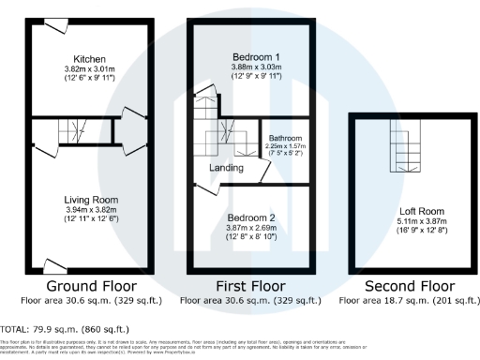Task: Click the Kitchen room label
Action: (x=90, y=59)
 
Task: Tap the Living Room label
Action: (x=89, y=200)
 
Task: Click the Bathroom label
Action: (x=286, y=138)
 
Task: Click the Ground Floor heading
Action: (x=90, y=285)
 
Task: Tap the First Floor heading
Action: (x=248, y=285)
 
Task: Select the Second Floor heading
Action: (x=408, y=285)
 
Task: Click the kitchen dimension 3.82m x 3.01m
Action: (x=90, y=68)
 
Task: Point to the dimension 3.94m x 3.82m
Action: (x=89, y=209)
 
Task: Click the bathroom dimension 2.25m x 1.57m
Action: (x=286, y=146)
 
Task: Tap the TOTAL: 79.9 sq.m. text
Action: (x=65, y=329)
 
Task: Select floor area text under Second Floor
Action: (x=408, y=301)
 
